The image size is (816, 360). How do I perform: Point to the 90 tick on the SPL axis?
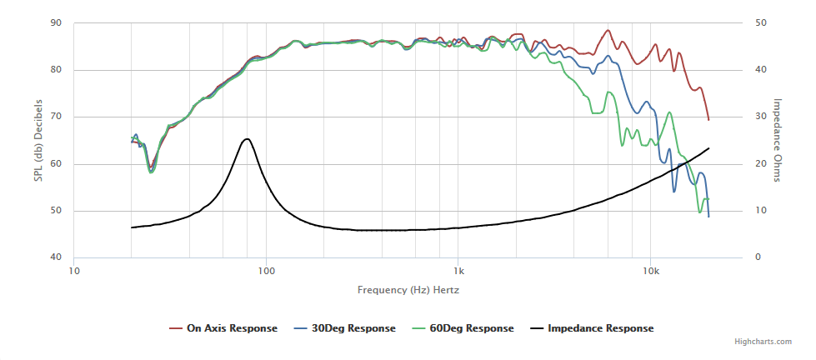(x=57, y=22)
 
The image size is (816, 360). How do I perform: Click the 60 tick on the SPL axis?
(x=57, y=163)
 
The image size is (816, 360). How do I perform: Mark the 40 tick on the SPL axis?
(x=57, y=257)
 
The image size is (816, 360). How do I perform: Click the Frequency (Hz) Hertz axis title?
(x=408, y=290)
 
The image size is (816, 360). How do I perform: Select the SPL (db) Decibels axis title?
(x=38, y=140)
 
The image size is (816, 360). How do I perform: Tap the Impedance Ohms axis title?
(x=777, y=140)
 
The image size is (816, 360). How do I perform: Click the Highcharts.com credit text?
(x=760, y=342)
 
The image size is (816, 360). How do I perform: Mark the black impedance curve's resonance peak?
(x=247, y=139)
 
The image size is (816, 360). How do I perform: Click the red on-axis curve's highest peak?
(x=608, y=30)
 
